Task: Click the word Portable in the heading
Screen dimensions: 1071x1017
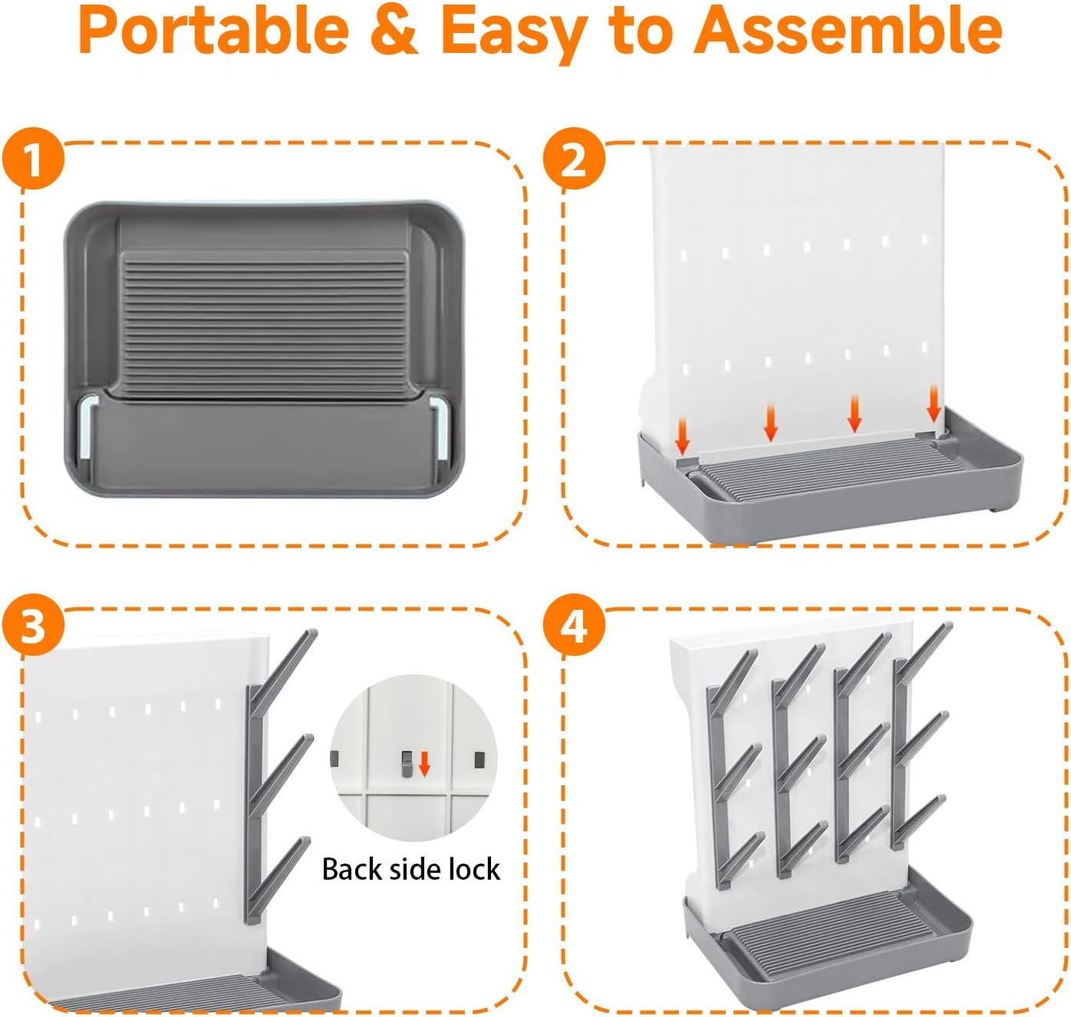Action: (213, 31)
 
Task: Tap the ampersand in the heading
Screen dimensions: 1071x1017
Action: (394, 31)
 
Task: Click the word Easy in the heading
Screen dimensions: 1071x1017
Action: (515, 35)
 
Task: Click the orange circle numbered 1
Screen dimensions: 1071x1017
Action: (33, 159)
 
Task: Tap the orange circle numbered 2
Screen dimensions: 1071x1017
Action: (574, 159)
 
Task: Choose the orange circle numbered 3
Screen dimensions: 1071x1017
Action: (33, 625)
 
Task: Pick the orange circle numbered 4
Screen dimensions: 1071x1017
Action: (574, 625)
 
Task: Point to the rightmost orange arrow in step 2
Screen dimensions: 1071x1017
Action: (934, 403)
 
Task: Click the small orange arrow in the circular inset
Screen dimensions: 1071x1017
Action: (424, 764)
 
